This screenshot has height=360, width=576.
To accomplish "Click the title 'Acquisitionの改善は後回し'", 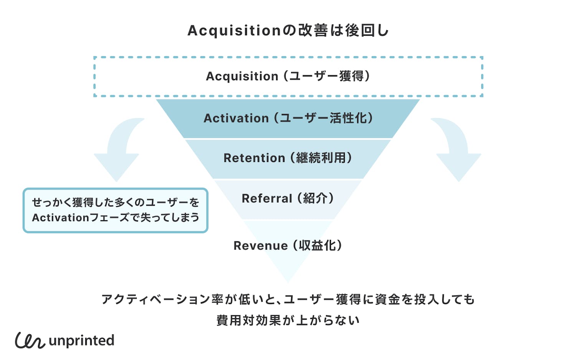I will [288, 30].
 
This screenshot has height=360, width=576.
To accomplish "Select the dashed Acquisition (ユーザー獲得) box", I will [288, 76].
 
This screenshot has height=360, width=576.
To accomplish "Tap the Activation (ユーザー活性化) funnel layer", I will [288, 118].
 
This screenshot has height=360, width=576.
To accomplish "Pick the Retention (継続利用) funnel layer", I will [288, 158].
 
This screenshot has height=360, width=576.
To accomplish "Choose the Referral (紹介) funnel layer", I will [288, 198].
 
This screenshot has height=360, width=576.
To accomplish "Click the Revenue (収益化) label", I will [288, 246].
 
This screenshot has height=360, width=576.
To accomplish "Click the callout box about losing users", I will [115, 210].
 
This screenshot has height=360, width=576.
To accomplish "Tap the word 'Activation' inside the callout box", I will [60, 218].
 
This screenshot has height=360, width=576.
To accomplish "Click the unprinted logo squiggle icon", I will [30, 340].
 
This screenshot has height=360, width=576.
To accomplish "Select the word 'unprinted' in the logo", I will [81, 340].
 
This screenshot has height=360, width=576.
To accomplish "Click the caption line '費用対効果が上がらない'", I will [288, 320].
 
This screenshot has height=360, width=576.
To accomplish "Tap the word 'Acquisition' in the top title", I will [234, 31].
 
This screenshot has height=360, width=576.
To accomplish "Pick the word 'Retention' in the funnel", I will [254, 158].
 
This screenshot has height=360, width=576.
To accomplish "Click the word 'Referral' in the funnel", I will [267, 198].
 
